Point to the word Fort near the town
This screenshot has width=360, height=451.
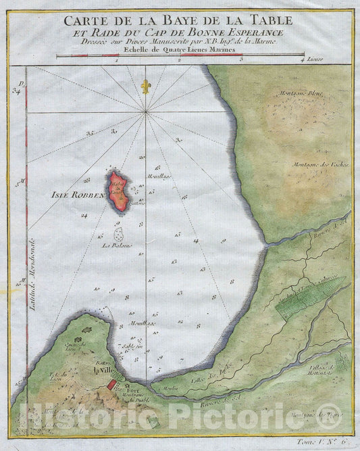[129, 388]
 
